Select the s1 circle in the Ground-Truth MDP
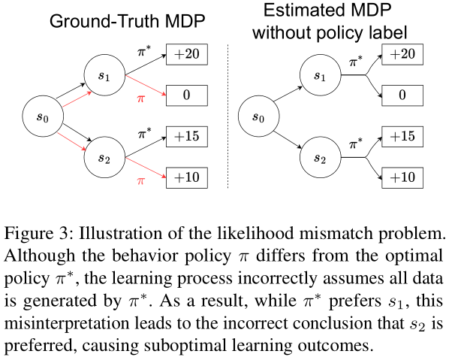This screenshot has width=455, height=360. (103, 77)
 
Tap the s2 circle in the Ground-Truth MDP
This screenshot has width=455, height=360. (103, 158)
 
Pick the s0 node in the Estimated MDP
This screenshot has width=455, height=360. (258, 117)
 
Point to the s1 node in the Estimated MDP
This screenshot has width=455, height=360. (320, 77)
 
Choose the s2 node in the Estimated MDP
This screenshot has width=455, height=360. (320, 158)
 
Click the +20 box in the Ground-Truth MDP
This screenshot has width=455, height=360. (187, 55)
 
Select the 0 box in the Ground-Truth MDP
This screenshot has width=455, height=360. (187, 96)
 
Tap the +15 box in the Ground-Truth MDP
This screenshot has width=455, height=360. (187, 137)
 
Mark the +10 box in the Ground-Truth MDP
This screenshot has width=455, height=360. (187, 178)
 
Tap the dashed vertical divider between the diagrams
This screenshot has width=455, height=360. (227, 113)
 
